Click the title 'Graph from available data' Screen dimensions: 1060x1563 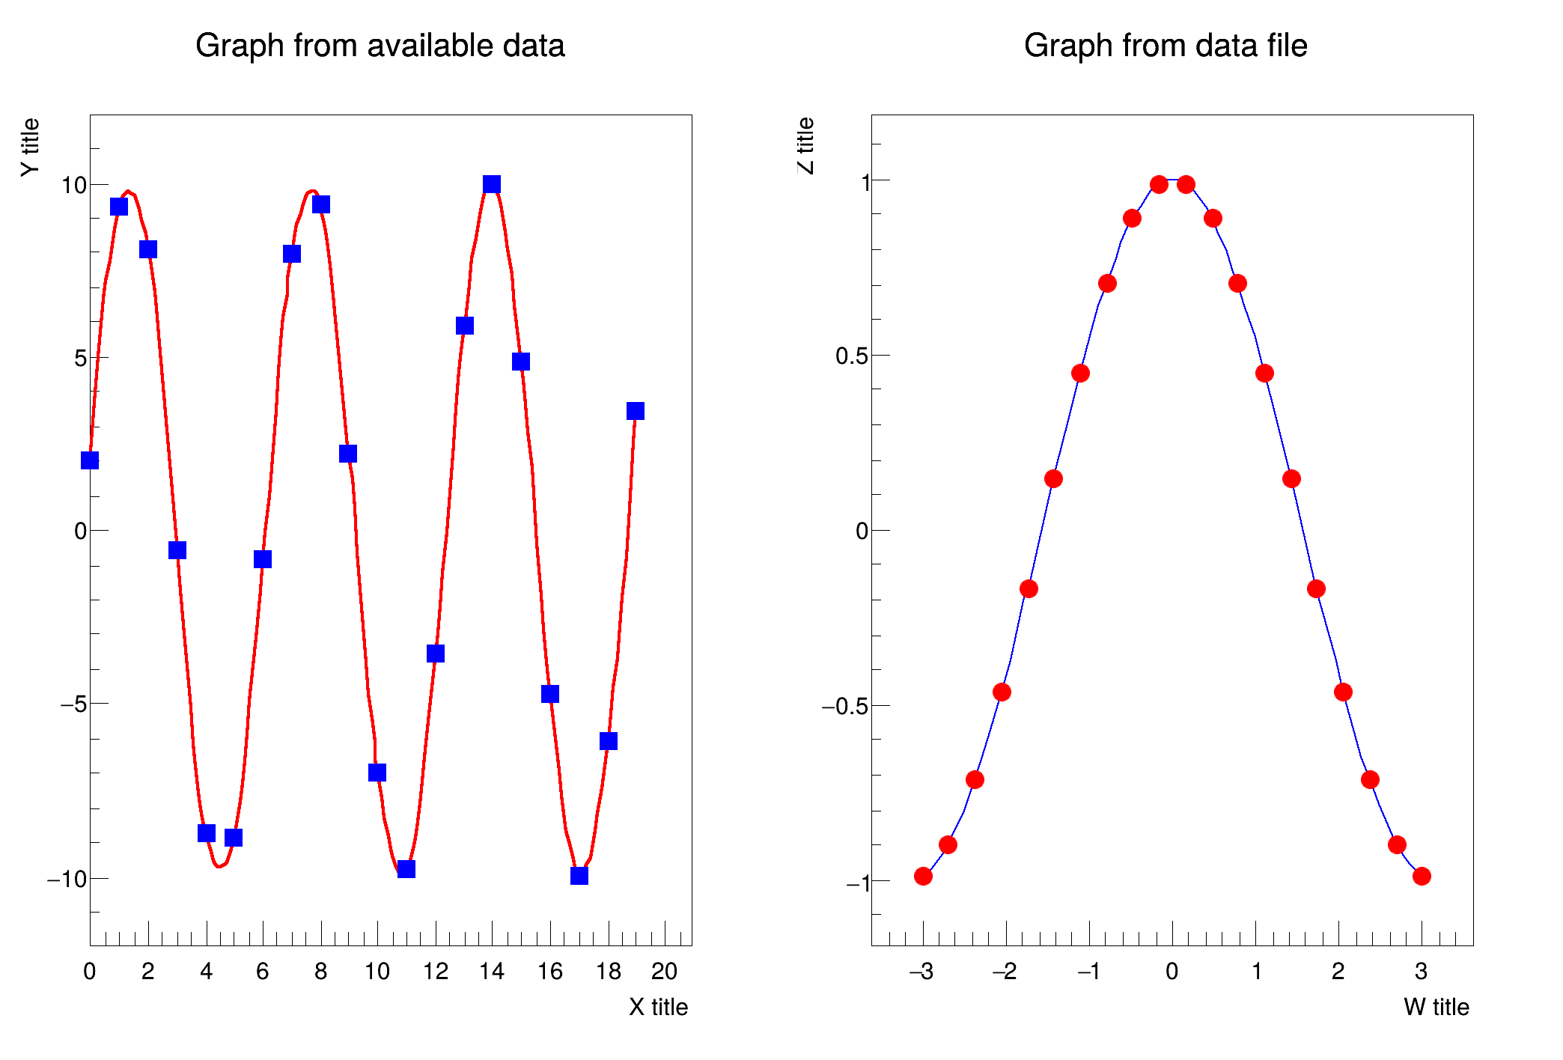coord(380,46)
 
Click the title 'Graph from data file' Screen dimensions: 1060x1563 coord(1165,46)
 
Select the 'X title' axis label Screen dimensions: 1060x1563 coord(658,1007)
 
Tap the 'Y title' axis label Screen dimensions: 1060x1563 coord(30,147)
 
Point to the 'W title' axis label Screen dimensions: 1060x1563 coord(1436,1007)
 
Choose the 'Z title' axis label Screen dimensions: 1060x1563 coord(805,145)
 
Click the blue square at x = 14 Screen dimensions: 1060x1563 coord(491,184)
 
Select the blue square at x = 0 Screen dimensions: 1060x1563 coord(90,460)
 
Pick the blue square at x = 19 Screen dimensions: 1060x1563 coord(635,411)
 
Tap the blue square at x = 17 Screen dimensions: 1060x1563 coord(579,875)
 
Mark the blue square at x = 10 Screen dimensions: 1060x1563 coord(377,772)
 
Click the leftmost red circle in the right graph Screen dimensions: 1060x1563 coord(923,876)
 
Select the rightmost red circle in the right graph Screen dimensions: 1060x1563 coord(1422,876)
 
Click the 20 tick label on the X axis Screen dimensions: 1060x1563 coord(664,972)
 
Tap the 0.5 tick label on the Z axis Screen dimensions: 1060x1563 coord(851,356)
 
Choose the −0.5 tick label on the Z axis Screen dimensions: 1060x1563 coord(844,706)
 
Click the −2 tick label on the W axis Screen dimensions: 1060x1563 coord(1004,972)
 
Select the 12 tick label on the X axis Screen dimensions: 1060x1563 coord(435,972)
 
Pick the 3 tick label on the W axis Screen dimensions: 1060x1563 coord(1421,972)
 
